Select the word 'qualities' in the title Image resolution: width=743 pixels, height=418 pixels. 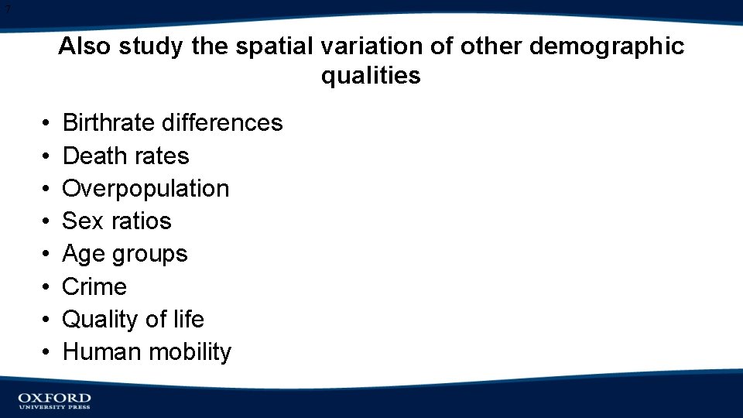click(371, 76)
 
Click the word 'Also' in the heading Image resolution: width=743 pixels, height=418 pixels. click(85, 46)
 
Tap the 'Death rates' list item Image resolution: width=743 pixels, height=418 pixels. click(125, 156)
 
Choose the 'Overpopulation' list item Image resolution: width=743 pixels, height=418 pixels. click(146, 189)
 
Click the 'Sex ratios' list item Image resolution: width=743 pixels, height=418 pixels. click(116, 221)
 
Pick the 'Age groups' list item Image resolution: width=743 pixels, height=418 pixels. click(125, 254)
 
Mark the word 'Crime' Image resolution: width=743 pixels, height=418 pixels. click(94, 286)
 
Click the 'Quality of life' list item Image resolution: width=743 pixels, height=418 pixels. click(132, 319)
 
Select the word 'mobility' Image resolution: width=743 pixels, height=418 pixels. click(190, 352)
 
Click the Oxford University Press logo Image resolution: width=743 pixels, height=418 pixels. click(54, 400)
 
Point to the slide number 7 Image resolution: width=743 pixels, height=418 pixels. click(7, 9)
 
